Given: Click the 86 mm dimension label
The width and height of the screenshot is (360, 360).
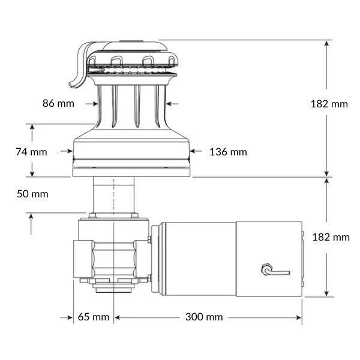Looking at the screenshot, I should click(59, 103).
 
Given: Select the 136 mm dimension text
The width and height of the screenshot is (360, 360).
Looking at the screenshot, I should click(228, 152).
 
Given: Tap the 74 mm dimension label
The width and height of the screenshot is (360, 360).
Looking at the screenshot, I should click(31, 152).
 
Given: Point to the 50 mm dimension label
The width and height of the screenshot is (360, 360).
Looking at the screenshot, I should click(32, 194).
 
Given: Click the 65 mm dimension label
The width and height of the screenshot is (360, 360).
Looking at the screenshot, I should click(94, 317).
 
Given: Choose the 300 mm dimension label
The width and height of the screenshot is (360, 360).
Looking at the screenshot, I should click(204, 317).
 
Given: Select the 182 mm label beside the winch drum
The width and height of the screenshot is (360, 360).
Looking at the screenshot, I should click(329, 104).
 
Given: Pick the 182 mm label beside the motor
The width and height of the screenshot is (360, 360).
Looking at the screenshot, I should click(331, 237).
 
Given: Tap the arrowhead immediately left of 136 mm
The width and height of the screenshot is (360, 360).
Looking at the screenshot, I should click(193, 152).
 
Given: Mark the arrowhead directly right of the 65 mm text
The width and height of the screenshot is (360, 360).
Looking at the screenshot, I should click(118, 317).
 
